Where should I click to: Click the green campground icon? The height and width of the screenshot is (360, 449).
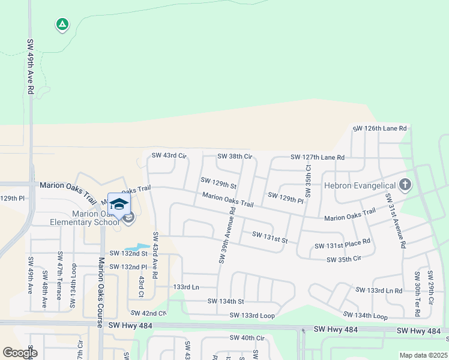tap(62, 25)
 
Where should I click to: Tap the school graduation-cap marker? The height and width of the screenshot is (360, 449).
tap(119, 203)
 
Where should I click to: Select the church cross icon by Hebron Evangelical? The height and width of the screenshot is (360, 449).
tap(405, 184)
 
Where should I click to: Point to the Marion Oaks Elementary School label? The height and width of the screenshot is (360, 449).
tap(96, 218)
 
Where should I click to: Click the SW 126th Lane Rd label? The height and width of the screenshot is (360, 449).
tap(379, 128)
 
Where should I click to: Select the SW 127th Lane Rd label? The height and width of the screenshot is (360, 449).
tap(318, 157)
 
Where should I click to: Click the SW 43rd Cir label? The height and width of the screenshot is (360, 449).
tap(169, 156)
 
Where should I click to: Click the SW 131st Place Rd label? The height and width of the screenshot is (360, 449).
tap(342, 246)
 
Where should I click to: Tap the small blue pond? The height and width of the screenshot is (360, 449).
tap(137, 247)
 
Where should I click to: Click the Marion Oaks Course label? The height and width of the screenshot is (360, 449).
tap(101, 292)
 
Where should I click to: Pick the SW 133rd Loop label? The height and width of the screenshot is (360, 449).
tap(252, 315)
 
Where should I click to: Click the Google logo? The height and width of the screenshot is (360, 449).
tap(20, 353)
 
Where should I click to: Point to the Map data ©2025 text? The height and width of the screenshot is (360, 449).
tap(423, 355)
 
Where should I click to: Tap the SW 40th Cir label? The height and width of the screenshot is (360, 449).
tap(247, 338)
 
